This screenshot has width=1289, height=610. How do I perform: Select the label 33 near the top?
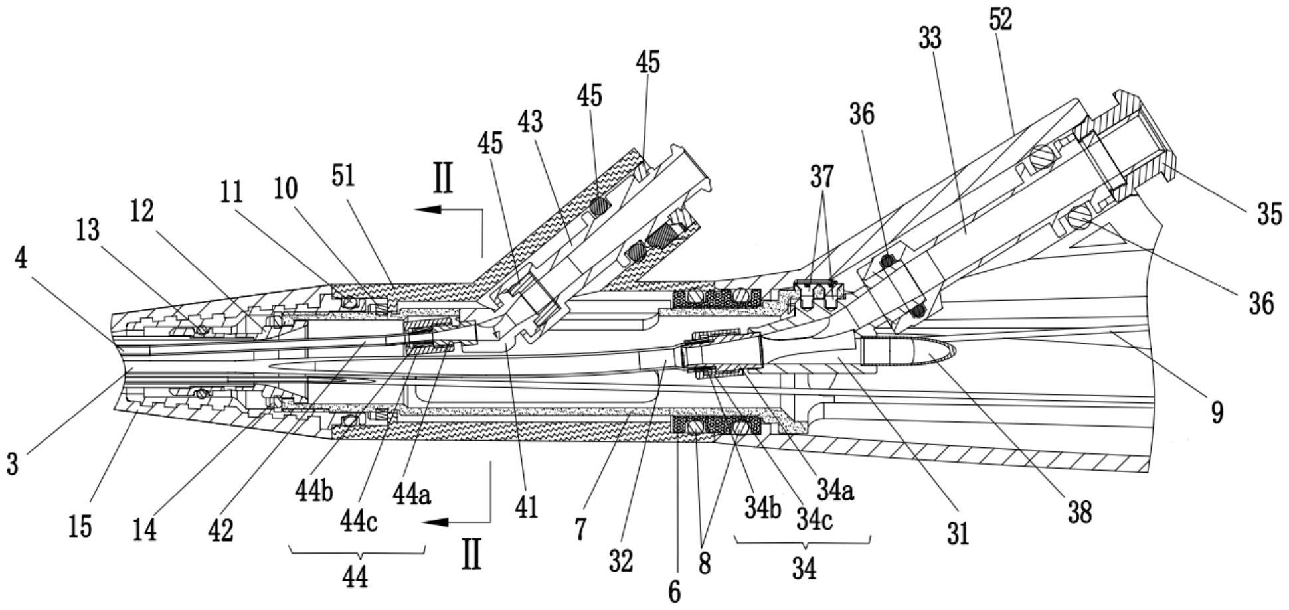pos(930,38)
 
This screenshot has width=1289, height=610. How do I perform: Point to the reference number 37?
pos(821,177)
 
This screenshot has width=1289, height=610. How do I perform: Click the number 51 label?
pos(343,175)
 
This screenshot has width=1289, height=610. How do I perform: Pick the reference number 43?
pos(531,121)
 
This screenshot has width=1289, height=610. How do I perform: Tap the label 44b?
pos(313,491)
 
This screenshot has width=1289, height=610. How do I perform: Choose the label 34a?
pos(835,490)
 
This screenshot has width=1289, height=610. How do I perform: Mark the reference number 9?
pos(1217,412)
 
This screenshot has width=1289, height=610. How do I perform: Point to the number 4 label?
pos(21,258)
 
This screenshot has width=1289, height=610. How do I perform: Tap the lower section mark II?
pos(471,554)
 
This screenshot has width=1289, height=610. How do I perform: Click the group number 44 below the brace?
pos(355,577)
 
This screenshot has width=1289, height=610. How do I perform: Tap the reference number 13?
pos(88,230)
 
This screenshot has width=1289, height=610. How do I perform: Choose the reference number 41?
pos(526,508)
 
